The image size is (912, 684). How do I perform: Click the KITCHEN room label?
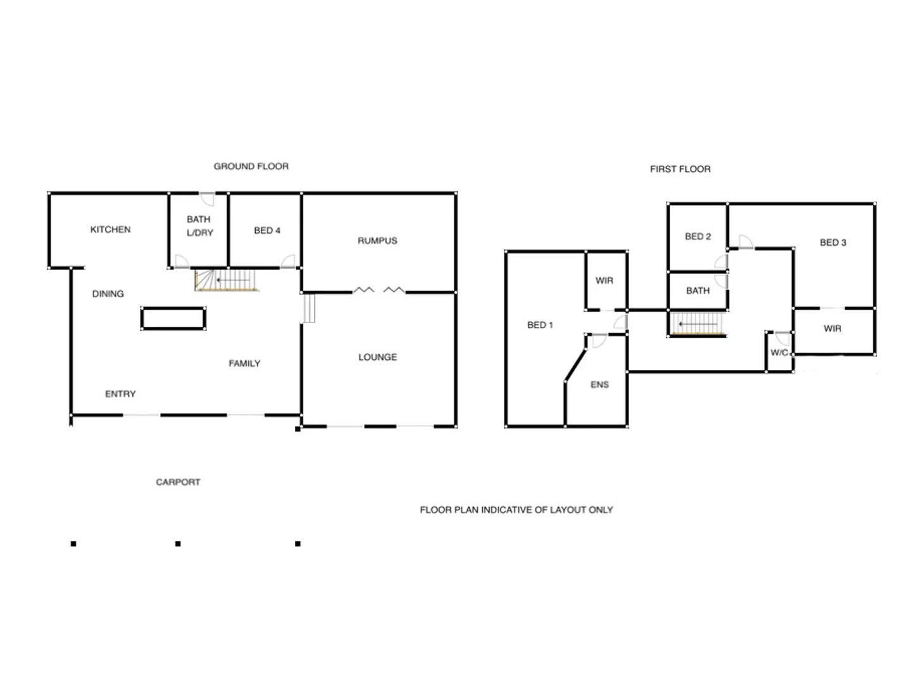110,229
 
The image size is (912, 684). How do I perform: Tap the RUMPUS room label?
377,241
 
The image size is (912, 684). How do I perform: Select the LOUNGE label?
378,357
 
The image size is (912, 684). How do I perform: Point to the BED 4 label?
267,231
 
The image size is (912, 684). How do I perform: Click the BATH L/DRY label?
199,226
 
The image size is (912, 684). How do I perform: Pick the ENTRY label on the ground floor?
120,394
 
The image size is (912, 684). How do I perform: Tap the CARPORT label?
178,482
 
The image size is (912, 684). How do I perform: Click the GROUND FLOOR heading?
251,167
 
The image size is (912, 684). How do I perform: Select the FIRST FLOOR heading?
680,169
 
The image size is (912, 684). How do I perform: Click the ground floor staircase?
227,279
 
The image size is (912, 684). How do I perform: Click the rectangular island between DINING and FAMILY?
173,319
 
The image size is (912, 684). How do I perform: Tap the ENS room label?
599,384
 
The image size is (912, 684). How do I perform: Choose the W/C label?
779,353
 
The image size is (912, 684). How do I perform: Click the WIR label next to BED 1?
604,281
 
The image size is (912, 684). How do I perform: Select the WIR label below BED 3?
832,329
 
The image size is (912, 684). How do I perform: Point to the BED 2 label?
697,236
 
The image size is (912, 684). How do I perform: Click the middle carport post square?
178,543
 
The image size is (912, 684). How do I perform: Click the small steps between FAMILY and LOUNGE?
309,308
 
